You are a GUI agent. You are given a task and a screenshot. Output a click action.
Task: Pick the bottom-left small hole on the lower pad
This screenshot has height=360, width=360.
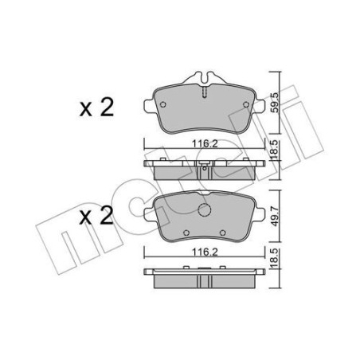coord(185,233)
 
